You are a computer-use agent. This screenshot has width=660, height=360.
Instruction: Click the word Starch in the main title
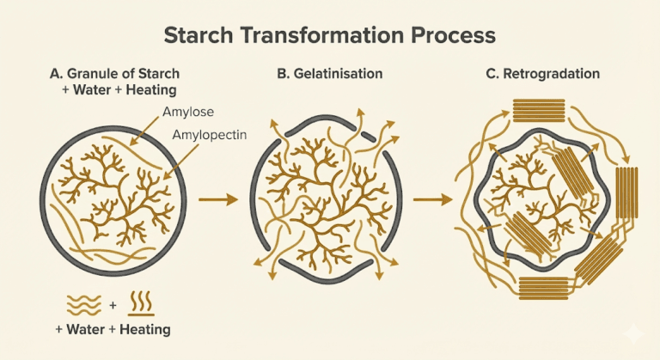tap(203, 35)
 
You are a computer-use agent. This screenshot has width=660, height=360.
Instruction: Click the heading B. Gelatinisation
tap(331, 75)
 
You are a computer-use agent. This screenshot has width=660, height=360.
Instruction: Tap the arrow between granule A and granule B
tap(217, 200)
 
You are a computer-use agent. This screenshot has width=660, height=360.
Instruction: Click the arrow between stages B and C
tap(432, 200)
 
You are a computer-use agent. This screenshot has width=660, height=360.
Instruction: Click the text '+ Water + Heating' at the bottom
tap(113, 330)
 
